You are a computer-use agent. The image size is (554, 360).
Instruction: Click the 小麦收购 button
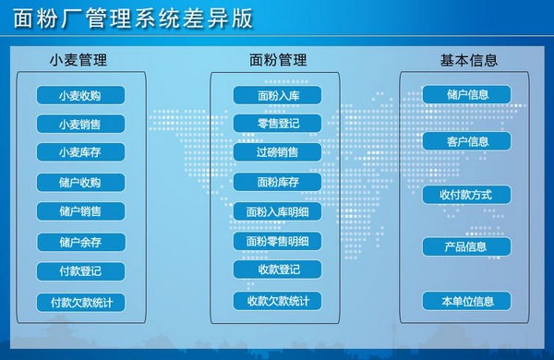tap(79, 95)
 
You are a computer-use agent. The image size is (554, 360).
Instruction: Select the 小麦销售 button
tap(79, 124)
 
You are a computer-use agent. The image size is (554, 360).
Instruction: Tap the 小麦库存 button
tap(79, 152)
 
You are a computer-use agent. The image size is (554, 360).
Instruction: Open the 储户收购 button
tap(79, 182)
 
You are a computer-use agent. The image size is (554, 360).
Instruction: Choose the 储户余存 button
tap(79, 242)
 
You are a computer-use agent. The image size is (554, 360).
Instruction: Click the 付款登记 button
tap(79, 271)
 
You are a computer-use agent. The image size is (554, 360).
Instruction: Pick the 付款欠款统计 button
tap(79, 302)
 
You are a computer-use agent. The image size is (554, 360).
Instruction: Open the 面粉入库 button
tap(277, 95)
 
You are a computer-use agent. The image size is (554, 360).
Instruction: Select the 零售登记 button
tap(277, 123)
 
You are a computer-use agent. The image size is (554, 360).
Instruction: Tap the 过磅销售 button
tap(277, 151)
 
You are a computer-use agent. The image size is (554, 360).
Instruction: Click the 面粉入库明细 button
tap(277, 211)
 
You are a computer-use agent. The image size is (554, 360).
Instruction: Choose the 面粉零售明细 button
tap(277, 242)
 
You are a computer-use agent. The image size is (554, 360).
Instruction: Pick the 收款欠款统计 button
tap(277, 301)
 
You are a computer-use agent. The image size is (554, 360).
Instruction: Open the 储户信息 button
tap(467, 94)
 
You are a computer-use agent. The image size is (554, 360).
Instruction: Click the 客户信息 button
tap(467, 142)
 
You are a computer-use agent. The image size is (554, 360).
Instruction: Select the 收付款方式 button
tap(467, 195)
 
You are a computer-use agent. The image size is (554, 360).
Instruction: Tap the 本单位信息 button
tap(467, 301)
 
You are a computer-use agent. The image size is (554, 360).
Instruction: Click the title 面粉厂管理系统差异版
tap(135, 19)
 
